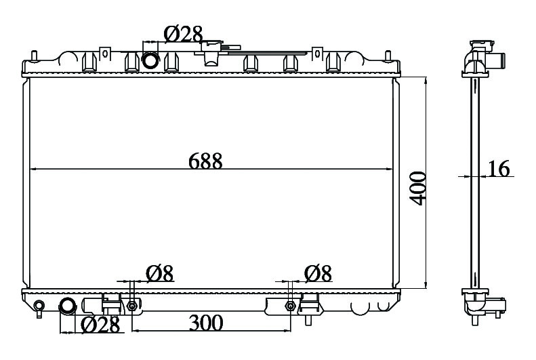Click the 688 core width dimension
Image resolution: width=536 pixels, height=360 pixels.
(205, 161)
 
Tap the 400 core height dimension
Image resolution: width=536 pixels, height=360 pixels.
(418, 188)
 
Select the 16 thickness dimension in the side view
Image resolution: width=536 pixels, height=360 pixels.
(499, 168)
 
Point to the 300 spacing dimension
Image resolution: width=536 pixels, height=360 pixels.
(206, 323)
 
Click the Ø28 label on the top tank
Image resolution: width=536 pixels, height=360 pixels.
(184, 34)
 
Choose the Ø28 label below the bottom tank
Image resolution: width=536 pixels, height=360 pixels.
(100, 325)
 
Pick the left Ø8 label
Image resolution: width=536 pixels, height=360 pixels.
(160, 273)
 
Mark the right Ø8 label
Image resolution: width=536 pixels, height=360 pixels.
(318, 273)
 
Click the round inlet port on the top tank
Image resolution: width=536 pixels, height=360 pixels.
(150, 60)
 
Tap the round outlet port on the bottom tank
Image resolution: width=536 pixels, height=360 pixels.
(67, 306)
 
